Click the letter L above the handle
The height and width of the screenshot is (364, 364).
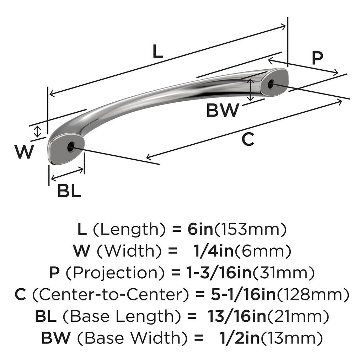(157, 52)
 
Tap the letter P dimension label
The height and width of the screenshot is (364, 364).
(317, 58)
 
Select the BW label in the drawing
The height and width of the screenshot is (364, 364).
(223, 111)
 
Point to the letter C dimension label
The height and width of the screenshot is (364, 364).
(248, 139)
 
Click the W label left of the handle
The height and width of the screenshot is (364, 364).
(24, 152)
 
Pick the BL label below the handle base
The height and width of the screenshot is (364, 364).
(69, 192)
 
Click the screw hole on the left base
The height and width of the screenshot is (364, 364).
(71, 146)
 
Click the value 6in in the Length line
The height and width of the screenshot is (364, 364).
(200, 230)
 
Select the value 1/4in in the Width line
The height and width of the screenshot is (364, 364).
(213, 251)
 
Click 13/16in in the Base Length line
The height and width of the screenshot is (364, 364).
(237, 316)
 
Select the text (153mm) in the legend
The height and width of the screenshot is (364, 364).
(250, 230)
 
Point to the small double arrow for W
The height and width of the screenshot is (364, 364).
(37, 132)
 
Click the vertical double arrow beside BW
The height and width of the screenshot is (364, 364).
(251, 90)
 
